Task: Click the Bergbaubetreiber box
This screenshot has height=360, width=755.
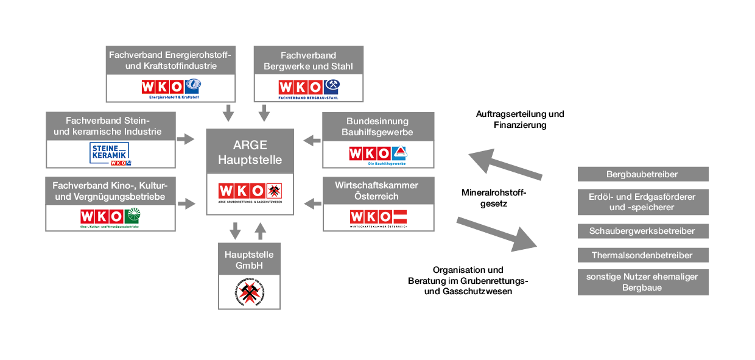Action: click(643, 174)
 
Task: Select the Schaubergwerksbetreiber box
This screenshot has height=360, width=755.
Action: click(643, 231)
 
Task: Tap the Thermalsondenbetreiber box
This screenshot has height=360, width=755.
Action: click(643, 255)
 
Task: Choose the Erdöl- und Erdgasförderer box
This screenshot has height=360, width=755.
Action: click(643, 202)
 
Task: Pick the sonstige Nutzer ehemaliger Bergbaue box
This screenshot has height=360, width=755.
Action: click(643, 282)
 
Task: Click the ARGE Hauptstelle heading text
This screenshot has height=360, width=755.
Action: click(250, 153)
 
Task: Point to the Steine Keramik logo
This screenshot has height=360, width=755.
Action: click(111, 154)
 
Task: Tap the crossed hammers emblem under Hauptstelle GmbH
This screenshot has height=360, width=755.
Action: click(250, 292)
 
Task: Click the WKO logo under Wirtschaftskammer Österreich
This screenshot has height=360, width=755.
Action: click(379, 217)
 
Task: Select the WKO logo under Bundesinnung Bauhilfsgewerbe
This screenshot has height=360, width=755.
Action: click(379, 155)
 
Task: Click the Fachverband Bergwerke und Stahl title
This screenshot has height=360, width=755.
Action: click(308, 61)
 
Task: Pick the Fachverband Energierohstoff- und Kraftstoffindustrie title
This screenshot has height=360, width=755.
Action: click(170, 61)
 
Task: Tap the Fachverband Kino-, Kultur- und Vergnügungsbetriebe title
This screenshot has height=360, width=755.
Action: click(110, 191)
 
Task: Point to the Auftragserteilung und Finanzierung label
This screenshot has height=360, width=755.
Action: click(520, 119)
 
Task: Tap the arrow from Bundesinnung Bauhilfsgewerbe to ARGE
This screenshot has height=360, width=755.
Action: click(312, 141)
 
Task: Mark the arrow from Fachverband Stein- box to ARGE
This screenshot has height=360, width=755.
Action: click(186, 140)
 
